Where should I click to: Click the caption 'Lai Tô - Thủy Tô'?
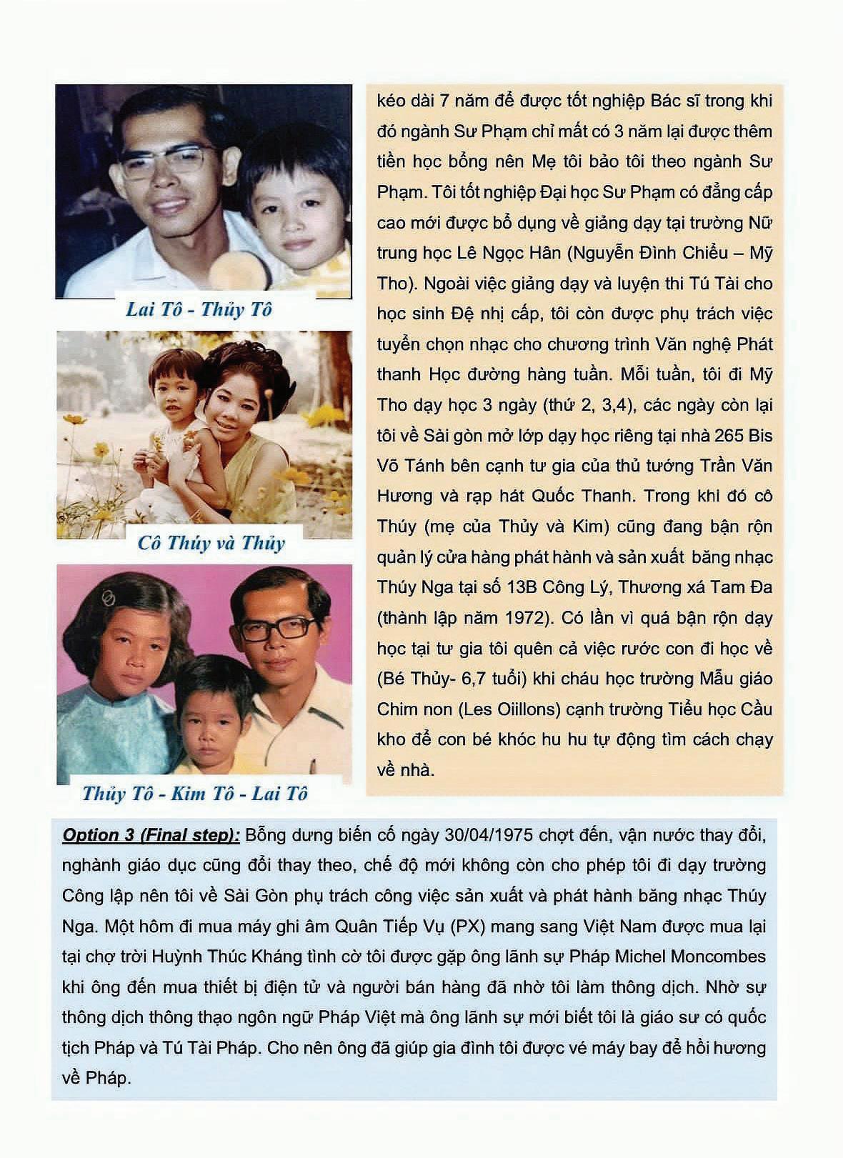(x=199, y=310)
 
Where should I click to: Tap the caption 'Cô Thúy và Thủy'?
(x=211, y=543)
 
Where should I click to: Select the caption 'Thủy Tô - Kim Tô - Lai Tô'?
(x=195, y=794)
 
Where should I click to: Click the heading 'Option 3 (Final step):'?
(x=151, y=835)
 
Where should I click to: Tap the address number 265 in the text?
(x=724, y=435)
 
